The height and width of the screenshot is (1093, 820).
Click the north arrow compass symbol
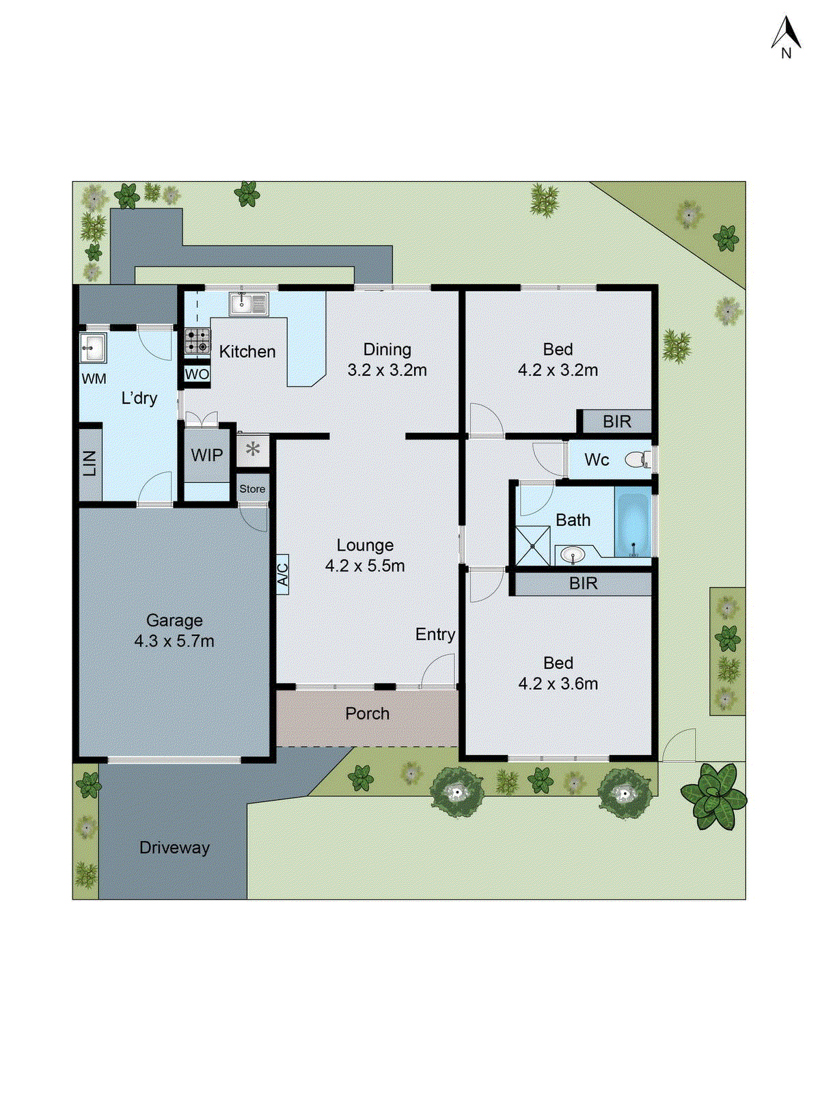786,38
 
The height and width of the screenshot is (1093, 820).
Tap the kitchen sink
249,303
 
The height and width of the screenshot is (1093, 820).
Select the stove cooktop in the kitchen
197,341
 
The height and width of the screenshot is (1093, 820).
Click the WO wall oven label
197,374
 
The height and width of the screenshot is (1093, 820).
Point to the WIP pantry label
206,456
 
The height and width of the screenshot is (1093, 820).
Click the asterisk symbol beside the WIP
253,450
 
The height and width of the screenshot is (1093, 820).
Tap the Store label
252,489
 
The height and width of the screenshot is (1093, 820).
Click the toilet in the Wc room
638,460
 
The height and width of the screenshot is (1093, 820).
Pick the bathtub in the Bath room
633,523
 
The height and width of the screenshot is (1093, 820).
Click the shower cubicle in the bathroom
532,545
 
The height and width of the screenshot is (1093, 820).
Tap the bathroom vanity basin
573,555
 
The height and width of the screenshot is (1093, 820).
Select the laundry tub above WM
92,348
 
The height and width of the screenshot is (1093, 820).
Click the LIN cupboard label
90,464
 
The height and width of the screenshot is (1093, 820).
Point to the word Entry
435,635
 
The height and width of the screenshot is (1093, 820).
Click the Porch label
367,714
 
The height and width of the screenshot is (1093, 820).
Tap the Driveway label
174,848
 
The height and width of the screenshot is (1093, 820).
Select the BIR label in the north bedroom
616,422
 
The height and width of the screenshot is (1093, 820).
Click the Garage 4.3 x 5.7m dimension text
174,641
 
